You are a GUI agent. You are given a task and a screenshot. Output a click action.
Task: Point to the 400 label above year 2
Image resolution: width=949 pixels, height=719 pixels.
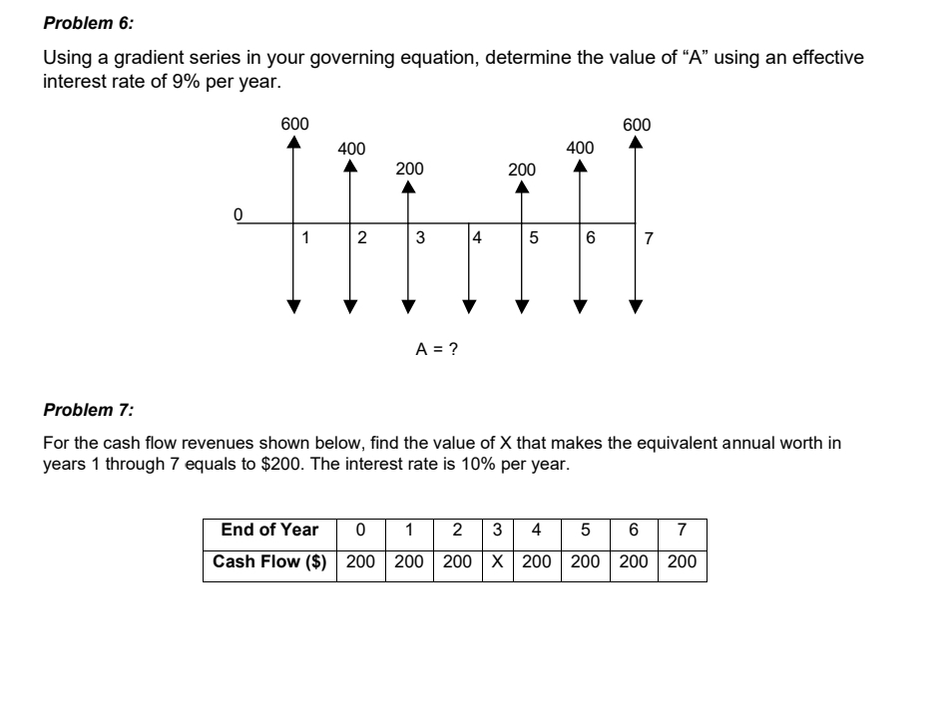click(351, 149)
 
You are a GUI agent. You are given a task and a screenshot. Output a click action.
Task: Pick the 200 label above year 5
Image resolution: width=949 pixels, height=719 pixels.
click(520, 170)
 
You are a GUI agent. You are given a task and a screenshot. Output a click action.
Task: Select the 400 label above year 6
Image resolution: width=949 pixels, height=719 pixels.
click(580, 149)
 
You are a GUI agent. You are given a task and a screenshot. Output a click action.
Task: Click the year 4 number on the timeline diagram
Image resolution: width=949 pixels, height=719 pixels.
click(477, 238)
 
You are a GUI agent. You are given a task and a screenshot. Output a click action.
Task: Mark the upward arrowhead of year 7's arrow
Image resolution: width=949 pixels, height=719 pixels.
click(636, 142)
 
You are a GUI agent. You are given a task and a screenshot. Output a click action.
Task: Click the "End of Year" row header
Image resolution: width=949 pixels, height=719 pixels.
click(269, 531)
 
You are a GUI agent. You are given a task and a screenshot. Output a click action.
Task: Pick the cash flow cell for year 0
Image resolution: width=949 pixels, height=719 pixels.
click(359, 561)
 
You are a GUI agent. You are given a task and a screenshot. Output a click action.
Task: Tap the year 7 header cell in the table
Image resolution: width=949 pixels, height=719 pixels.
click(683, 531)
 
